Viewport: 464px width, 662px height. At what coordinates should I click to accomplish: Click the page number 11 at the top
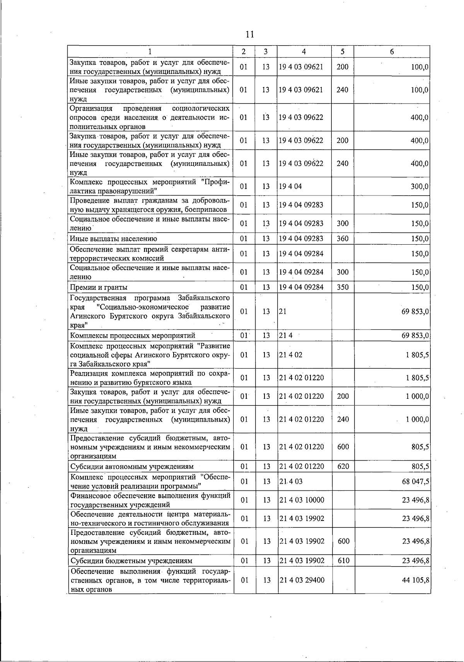pos(250,34)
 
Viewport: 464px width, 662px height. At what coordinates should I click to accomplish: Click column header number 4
pos(304,51)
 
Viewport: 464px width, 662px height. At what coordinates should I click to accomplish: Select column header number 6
pos(392,51)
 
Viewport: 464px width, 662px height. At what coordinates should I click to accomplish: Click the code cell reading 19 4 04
pos(290,187)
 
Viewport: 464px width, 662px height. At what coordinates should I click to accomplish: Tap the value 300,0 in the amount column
pos(420,187)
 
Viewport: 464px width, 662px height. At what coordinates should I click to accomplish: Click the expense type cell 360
pos(342,238)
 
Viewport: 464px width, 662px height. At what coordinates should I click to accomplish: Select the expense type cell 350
pos(342,287)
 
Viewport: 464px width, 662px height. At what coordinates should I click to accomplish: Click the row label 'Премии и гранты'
pos(99,287)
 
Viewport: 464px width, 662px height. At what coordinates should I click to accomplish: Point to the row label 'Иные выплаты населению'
pos(113,238)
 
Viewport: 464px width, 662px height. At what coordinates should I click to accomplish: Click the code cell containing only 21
pos(283,311)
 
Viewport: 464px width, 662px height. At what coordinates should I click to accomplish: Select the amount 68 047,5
pos(416,482)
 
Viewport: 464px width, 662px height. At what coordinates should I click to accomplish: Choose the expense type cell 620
pos(343,466)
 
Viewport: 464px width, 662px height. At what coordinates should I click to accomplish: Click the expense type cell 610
pos(343,561)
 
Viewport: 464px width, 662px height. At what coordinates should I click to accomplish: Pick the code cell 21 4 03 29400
pos(302,580)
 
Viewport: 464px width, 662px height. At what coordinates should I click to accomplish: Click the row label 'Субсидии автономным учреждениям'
pos(131,466)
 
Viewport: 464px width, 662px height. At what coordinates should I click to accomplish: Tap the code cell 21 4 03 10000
pos(302,500)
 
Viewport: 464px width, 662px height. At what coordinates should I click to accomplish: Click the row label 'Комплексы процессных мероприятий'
pos(133,335)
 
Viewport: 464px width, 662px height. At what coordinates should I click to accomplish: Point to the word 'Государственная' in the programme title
pos(98,298)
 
